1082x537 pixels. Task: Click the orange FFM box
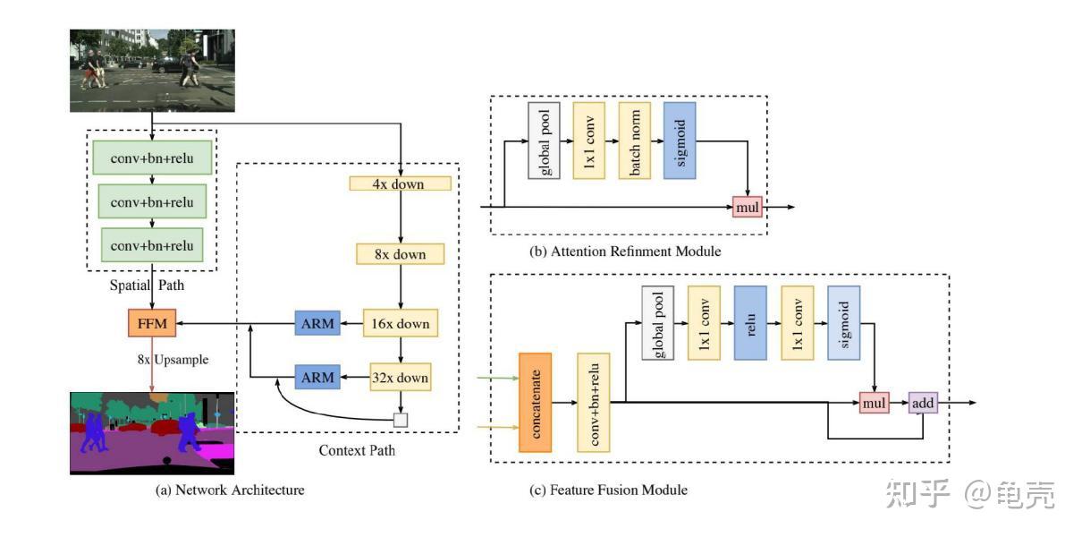click(x=152, y=323)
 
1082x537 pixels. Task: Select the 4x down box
click(x=400, y=183)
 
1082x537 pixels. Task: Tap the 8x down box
click(x=400, y=254)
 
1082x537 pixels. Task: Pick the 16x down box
click(x=400, y=323)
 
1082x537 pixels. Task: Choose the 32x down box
click(x=400, y=377)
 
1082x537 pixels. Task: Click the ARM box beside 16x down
click(x=317, y=323)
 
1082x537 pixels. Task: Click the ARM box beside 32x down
click(x=317, y=377)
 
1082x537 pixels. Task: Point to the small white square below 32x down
click(x=401, y=420)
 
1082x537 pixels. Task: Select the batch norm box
click(x=635, y=141)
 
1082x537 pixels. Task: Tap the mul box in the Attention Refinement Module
click(x=748, y=207)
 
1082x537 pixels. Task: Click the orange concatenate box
click(x=536, y=403)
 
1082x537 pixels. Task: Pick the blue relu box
click(x=750, y=323)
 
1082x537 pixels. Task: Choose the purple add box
click(x=923, y=403)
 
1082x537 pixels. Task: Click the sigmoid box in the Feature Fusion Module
click(x=844, y=323)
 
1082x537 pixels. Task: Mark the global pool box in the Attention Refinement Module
click(x=544, y=141)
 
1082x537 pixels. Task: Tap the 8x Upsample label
click(x=173, y=360)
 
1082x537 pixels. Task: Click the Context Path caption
click(x=357, y=450)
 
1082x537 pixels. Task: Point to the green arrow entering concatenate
click(x=497, y=378)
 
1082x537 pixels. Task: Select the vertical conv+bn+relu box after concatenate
click(x=594, y=403)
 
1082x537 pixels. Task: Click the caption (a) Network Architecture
click(x=230, y=490)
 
